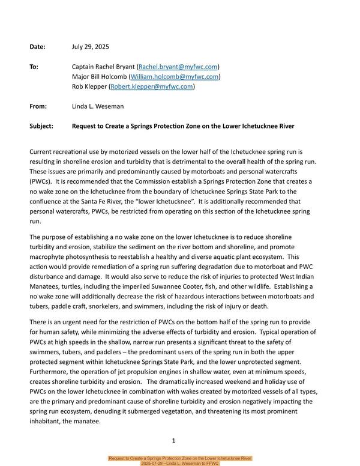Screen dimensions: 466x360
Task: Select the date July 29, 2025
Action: click(90, 46)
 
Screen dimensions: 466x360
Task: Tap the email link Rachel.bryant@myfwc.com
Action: click(178, 67)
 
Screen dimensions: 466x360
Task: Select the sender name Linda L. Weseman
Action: click(97, 106)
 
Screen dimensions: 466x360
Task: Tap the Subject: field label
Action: click(41, 126)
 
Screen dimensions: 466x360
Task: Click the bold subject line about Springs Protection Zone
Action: click(182, 126)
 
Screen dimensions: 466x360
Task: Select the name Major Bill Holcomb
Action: click(100, 76)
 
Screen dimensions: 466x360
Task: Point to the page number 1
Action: click(173, 441)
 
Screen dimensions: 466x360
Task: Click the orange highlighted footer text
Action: click(180, 461)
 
